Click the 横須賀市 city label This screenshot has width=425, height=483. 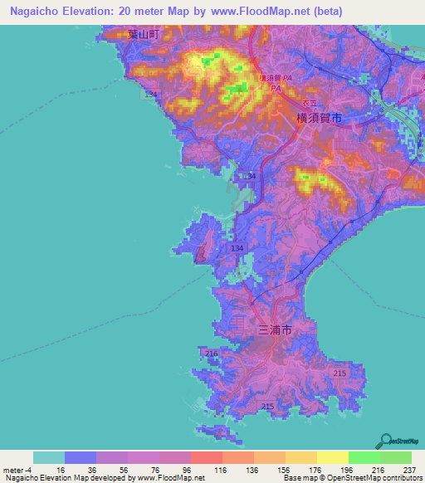click(x=319, y=119)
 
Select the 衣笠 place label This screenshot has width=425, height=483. click(x=309, y=102)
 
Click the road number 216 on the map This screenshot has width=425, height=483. click(x=211, y=354)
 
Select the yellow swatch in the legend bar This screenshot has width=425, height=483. click(x=333, y=457)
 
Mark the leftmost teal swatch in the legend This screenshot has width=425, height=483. click(x=49, y=457)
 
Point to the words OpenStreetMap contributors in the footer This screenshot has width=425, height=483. click(x=382, y=479)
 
